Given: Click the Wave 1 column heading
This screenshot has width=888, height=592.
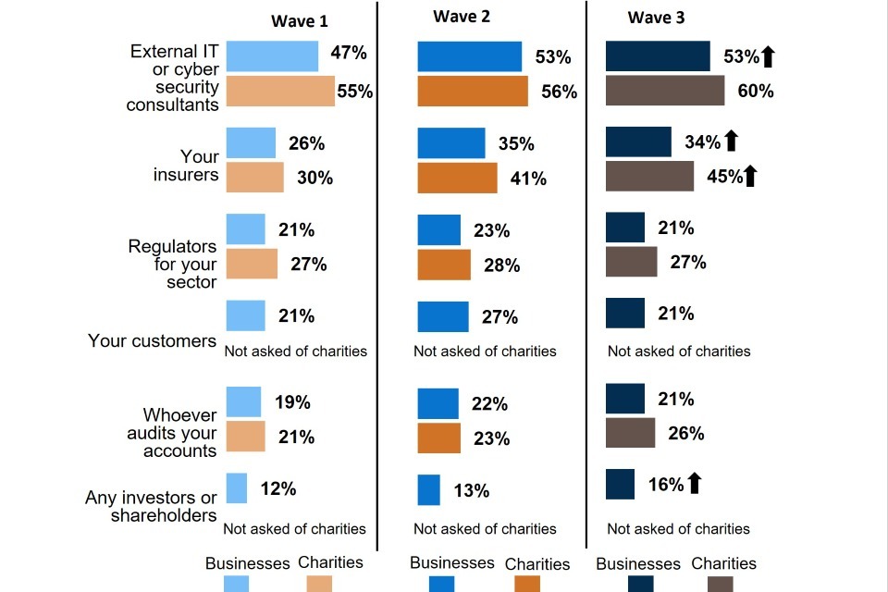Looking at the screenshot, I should click(299, 21).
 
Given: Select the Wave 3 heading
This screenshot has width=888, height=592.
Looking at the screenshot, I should click(656, 18).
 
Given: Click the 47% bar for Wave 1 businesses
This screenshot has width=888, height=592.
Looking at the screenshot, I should click(272, 55).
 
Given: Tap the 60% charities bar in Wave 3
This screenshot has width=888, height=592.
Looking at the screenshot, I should click(665, 91).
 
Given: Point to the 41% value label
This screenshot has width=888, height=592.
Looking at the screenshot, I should click(528, 179).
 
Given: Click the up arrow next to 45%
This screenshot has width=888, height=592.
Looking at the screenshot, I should click(750, 176).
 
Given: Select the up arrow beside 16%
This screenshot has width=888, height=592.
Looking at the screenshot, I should click(695, 483).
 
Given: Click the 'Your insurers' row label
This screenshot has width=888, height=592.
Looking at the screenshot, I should click(186, 166).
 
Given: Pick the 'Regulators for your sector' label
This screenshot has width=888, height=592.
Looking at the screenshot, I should click(172, 265).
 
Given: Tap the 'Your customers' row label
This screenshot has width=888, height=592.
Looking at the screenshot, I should click(152, 340).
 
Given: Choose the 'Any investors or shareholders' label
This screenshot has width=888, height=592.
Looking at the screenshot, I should click(151, 507).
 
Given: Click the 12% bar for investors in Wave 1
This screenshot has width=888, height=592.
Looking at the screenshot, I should click(237, 488).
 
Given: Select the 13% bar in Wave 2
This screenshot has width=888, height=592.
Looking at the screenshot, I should click(428, 490).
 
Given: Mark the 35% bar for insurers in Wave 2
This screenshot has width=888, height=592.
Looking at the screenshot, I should click(451, 143).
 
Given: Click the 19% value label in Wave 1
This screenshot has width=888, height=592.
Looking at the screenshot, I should click(292, 402).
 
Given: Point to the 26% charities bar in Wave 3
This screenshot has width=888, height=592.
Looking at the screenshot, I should click(630, 433).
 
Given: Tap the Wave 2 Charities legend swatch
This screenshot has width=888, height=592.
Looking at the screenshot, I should click(527, 584).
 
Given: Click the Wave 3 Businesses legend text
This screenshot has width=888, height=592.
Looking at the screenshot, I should click(638, 563).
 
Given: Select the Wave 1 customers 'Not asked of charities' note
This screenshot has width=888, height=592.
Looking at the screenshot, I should click(296, 351).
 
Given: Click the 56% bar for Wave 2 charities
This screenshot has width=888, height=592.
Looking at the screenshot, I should click(473, 91).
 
